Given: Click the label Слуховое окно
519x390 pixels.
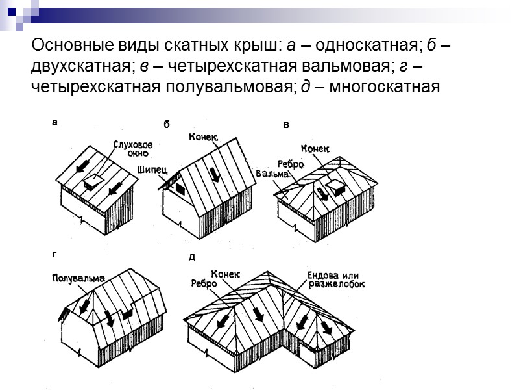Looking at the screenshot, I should point(132,149).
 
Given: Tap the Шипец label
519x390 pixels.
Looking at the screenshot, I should point(152,169).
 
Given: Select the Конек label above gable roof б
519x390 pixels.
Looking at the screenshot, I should point(203,137).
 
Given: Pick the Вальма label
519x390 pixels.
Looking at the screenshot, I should point(272,174).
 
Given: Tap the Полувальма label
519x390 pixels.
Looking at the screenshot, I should point(78,278).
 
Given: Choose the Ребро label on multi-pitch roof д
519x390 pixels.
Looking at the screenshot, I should point(203,283).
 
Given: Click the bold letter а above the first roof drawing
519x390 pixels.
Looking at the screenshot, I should point(54,122).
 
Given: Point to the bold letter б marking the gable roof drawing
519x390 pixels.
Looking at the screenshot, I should point(166,124).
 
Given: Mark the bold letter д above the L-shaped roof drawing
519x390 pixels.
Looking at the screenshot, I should point(191,257).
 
